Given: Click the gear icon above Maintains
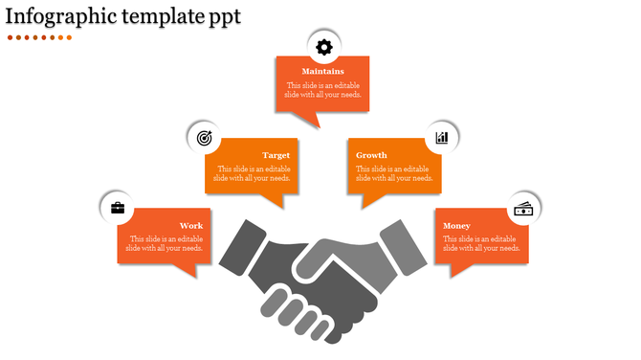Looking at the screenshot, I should [x=323, y=46].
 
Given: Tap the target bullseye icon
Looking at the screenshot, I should [x=204, y=138].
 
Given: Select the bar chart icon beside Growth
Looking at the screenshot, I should [x=442, y=138].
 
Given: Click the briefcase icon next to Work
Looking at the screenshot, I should [x=118, y=208].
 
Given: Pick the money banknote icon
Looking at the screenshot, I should [x=523, y=208].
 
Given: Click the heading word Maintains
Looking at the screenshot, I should [x=322, y=72].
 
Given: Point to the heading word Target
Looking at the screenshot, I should [x=276, y=155].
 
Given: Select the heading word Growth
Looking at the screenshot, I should [x=371, y=155].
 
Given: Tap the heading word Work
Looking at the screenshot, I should [x=191, y=226].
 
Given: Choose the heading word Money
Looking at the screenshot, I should [x=457, y=226].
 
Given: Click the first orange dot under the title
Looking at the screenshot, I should [x=11, y=37].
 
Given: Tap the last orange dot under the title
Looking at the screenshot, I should [x=70, y=37].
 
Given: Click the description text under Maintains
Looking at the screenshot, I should [x=322, y=91].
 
